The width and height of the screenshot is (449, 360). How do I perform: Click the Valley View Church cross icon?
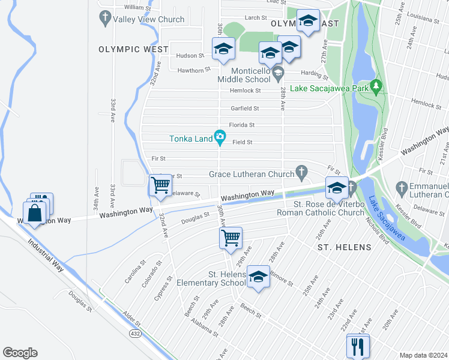coord(105,17)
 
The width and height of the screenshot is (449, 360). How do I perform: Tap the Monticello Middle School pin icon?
coord(277,74)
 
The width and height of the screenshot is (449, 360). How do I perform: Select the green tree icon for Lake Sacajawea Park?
coord(376,88)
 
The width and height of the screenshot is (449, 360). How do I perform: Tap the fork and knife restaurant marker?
coord(358,346)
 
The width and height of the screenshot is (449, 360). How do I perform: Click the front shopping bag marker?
coord(34,213)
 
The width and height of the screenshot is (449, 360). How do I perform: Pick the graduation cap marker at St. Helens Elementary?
coord(258,277)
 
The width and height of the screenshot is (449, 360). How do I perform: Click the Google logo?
coord(20,353)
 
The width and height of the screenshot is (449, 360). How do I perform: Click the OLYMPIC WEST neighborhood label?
coord(134,49)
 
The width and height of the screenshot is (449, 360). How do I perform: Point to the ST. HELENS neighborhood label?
coord(344,247)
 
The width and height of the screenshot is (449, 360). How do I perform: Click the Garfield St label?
coord(245,109)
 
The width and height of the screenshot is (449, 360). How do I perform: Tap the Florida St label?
coord(243,125)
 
